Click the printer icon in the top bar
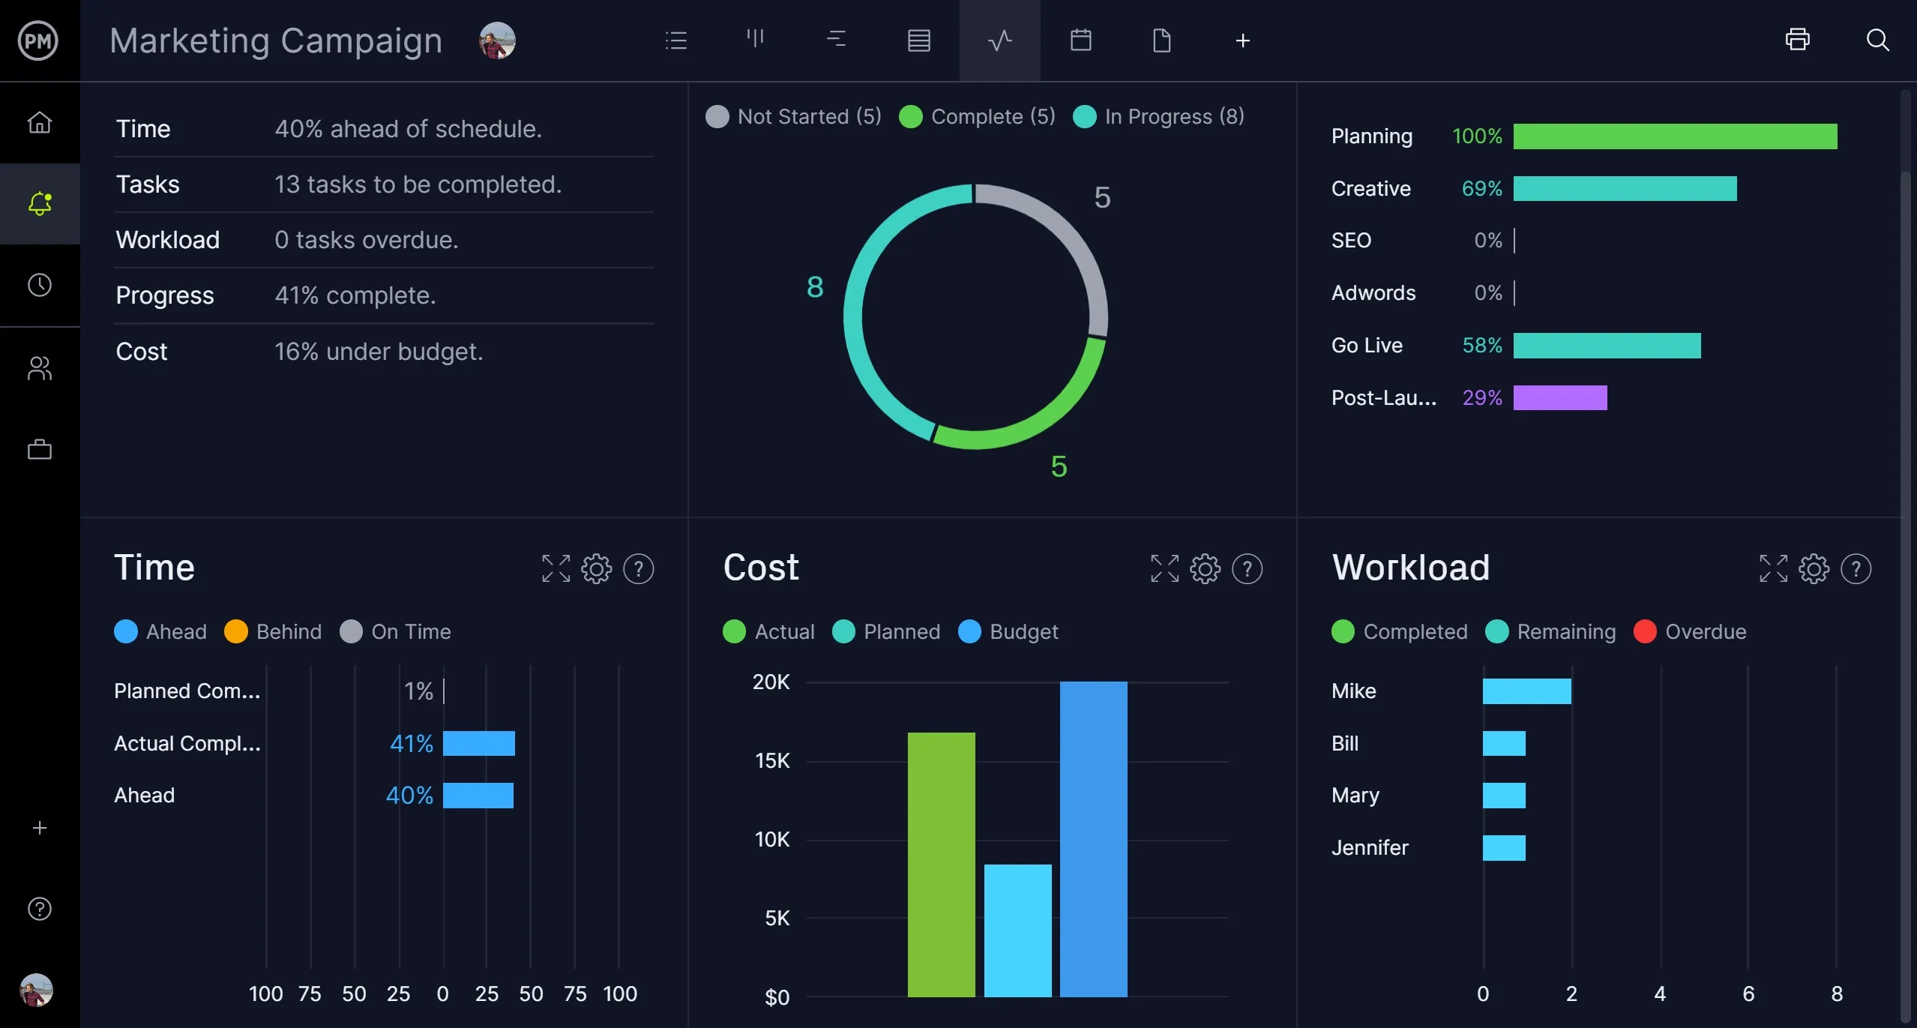pos(1797,40)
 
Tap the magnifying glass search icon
pos(1877,40)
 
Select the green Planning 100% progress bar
pos(1675,136)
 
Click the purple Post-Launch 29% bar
pos(1559,398)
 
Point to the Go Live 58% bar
pos(1607,346)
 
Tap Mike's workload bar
pos(1526,691)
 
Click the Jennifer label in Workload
pos(1370,848)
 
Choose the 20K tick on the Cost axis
pos(771,682)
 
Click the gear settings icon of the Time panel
pos(597,569)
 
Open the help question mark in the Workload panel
pos(1856,569)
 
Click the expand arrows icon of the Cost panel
pos(1164,569)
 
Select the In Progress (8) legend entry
pos(1159,117)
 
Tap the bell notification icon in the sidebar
pos(40,204)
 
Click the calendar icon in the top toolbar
pos(1080,40)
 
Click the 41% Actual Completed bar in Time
pos(478,744)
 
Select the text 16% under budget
pos(379,352)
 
